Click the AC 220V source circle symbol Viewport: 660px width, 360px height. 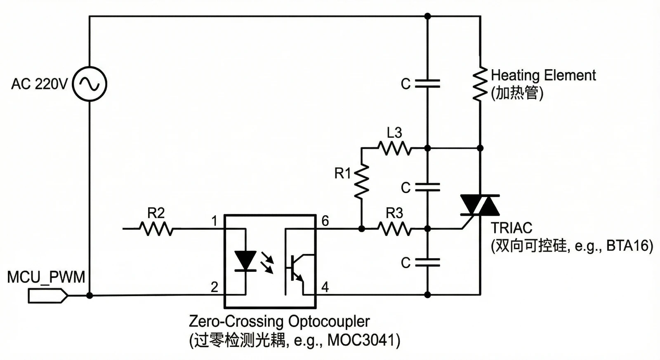90,84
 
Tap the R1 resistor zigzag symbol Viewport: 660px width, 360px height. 361,180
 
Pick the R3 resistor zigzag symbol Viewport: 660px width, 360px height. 395,228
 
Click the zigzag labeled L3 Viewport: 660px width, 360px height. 395,148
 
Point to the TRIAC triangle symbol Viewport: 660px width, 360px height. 480,205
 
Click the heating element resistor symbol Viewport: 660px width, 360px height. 480,84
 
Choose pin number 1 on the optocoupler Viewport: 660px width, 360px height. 214,221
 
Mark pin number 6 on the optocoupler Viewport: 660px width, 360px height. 325,221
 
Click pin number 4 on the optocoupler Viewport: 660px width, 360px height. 325,287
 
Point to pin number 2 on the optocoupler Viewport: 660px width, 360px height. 214,287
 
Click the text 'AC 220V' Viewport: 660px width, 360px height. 39,84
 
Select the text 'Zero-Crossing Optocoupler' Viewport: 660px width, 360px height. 279,321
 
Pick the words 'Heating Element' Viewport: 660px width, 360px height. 543,75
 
